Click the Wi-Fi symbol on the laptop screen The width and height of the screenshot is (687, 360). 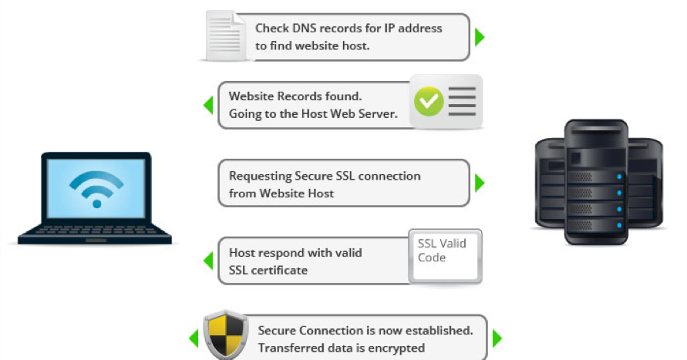[x=96, y=185]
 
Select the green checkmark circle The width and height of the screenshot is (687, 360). [x=429, y=101]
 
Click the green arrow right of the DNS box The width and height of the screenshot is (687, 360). [x=480, y=36]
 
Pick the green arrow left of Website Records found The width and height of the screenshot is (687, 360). [x=207, y=105]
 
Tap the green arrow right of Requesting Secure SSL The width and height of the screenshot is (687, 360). [x=480, y=183]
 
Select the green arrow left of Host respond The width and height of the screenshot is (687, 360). [x=207, y=261]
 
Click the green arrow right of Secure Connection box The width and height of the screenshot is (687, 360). [x=497, y=338]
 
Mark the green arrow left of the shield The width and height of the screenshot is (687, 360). [x=194, y=338]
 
